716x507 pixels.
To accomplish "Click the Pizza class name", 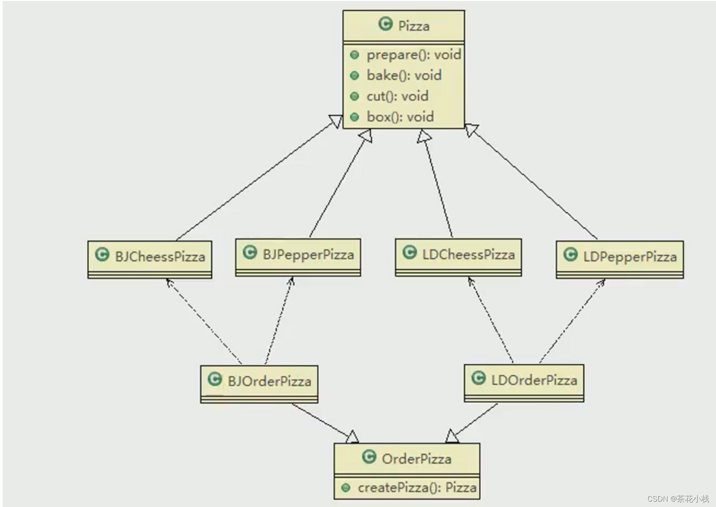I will [413, 26].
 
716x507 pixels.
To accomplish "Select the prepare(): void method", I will [413, 55].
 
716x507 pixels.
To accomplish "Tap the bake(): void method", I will [404, 75].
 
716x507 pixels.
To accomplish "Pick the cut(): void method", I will [397, 96].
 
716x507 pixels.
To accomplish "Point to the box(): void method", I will [400, 117].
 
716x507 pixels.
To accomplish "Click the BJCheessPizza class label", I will [160, 257].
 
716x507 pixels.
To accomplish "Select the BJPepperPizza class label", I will [308, 254].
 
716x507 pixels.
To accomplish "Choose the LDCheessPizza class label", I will [468, 254].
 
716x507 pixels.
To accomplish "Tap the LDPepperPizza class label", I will [629, 257].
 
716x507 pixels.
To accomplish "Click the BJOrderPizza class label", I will [269, 381].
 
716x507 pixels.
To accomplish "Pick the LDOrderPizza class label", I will [534, 380].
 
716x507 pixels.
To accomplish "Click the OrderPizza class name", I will [416, 459].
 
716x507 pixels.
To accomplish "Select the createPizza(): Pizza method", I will [417, 488].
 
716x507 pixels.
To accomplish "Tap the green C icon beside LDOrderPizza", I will [478, 378].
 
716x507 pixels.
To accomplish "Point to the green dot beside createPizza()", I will [346, 488].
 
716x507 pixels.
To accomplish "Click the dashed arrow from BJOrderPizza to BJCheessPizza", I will [204, 321].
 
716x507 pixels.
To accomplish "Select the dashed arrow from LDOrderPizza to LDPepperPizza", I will [572, 321].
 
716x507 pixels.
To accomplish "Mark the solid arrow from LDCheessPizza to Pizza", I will [438, 185].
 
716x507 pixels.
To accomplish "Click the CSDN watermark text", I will [678, 498].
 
